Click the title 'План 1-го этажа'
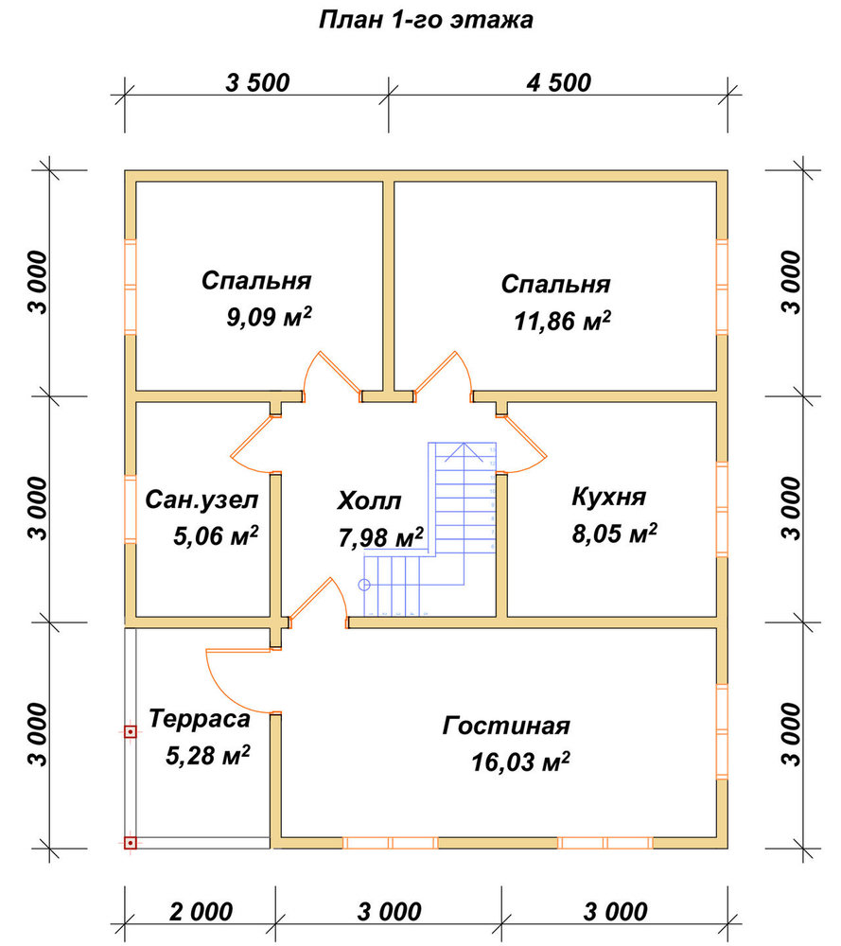426,20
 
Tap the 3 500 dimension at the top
257,82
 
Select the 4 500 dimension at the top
559,82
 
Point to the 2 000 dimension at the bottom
201,912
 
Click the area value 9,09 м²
269,316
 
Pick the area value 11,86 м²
562,321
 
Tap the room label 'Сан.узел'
201,500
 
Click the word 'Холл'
369,500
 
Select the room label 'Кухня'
608,498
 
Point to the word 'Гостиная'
506,726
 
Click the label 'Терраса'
199,719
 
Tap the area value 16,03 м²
520,762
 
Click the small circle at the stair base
364,585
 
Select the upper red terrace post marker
130,732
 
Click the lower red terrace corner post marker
130,842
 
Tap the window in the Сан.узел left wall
131,509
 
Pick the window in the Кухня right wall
722,509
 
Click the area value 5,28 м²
208,755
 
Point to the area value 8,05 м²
614,534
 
